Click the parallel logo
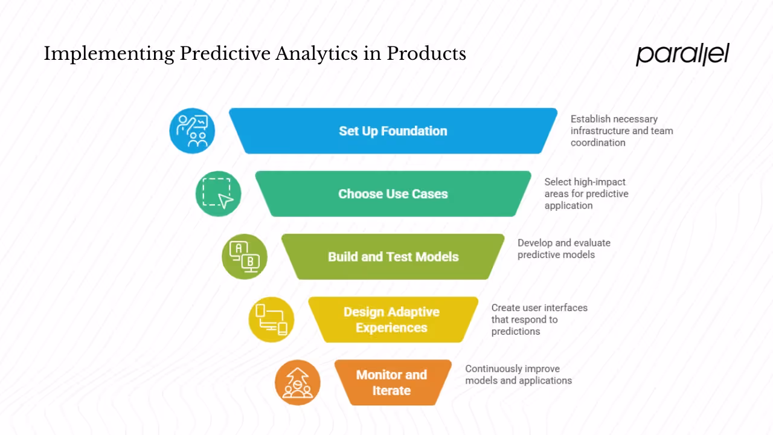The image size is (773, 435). tap(682, 54)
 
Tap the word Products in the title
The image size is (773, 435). tap(426, 54)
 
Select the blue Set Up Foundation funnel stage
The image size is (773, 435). tap(393, 131)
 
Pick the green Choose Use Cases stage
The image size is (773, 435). tap(393, 194)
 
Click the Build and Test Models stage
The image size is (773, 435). tap(393, 257)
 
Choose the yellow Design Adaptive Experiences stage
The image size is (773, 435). tap(391, 320)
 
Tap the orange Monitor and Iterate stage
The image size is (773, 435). tap(391, 382)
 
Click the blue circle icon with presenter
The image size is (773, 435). tap(192, 131)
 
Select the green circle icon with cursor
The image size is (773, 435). tap(218, 194)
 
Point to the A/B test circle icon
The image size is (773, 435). tap(245, 257)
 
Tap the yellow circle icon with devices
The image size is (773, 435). tap(271, 320)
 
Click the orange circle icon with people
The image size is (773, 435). tap(297, 382)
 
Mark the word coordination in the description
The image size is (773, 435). tap(598, 143)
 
